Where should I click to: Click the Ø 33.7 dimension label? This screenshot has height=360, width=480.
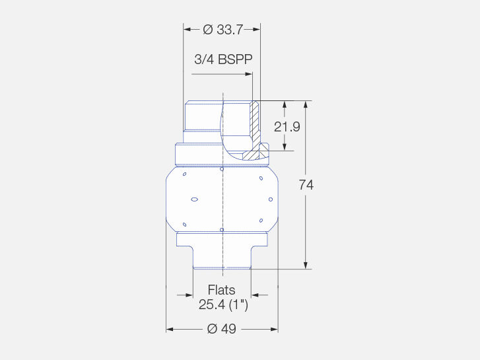click(223, 30)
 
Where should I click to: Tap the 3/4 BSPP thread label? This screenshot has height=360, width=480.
click(223, 59)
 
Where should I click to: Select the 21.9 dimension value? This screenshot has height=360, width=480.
click(287, 127)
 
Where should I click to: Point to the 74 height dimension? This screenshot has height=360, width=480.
click(306, 185)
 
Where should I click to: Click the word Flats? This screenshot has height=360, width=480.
click(222, 290)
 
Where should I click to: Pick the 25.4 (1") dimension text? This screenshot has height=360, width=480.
click(223, 305)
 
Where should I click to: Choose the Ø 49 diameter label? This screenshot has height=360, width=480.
click(222, 329)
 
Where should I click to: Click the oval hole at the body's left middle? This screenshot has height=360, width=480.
click(194, 199)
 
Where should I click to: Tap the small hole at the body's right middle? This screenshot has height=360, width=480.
click(271, 199)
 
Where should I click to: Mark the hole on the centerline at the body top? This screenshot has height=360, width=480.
click(222, 169)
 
